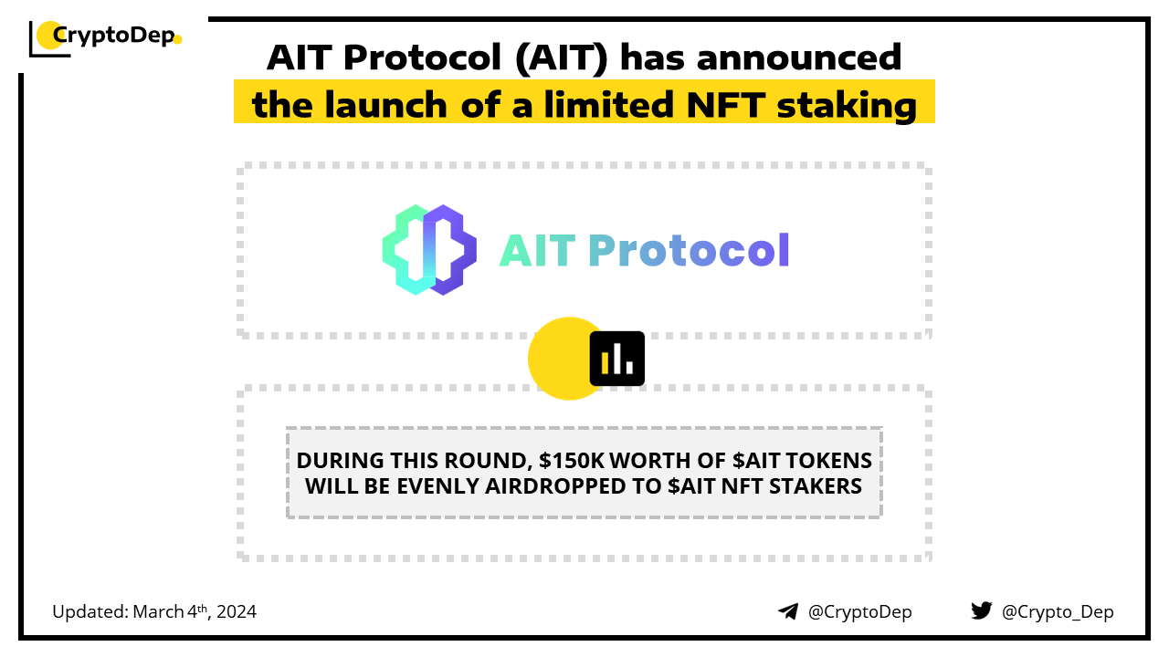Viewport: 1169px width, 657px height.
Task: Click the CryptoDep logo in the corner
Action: coord(105,38)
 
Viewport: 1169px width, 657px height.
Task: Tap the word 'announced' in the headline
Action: coord(799,57)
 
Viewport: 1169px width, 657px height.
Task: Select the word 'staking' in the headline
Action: coord(847,106)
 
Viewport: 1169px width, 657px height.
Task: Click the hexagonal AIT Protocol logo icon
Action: coord(429,250)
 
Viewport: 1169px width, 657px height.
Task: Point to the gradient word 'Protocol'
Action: coord(689,250)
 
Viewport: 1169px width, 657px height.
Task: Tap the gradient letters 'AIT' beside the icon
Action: coord(538,251)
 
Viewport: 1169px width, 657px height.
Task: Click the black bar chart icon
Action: coord(616,359)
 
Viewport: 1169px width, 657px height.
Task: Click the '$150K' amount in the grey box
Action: coord(572,461)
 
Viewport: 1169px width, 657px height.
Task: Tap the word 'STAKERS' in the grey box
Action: coord(816,486)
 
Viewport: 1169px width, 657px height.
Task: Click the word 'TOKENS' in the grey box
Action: coord(828,461)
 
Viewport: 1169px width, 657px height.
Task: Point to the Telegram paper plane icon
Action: coord(788,611)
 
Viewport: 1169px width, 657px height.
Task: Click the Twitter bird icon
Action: coord(982,610)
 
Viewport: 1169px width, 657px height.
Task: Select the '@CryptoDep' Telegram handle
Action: coord(859,611)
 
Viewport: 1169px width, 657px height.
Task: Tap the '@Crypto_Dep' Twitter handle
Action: coord(1058,611)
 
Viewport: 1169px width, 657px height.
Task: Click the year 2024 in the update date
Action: coord(237,611)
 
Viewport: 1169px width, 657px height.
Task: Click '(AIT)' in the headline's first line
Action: coord(562,57)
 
